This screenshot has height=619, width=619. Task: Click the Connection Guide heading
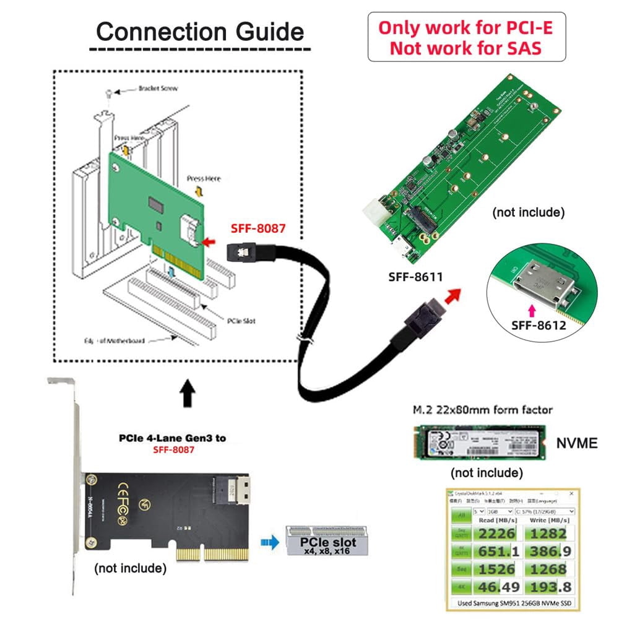point(200,31)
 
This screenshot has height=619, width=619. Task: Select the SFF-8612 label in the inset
point(539,324)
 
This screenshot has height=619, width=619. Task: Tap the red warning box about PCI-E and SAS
point(466,37)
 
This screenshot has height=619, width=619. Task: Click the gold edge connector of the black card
point(209,553)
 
